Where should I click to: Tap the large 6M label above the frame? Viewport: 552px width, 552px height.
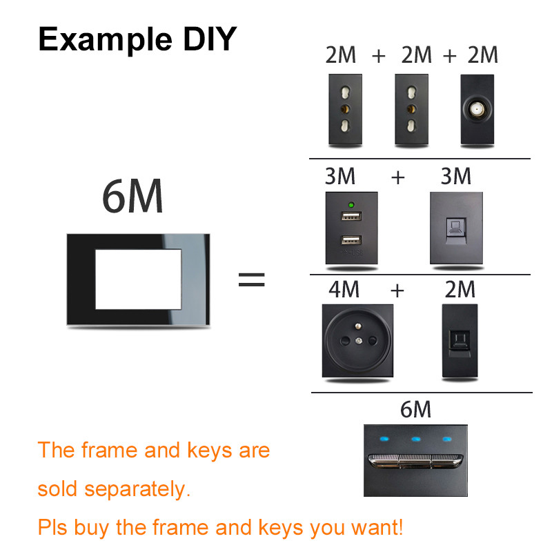point(133,197)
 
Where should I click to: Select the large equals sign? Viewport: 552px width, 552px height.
point(251,279)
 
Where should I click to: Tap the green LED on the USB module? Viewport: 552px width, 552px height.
point(351,205)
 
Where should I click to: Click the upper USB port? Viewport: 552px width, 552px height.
point(351,218)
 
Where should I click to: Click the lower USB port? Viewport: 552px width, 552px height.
point(351,241)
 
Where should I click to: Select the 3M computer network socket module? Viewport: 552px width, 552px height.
point(456,228)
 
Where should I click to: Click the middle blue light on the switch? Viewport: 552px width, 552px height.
point(415,438)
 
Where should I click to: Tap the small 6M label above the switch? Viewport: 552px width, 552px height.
point(415,409)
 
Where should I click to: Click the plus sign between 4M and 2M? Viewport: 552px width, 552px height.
point(397,290)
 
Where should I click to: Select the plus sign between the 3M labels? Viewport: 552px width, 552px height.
point(398,177)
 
